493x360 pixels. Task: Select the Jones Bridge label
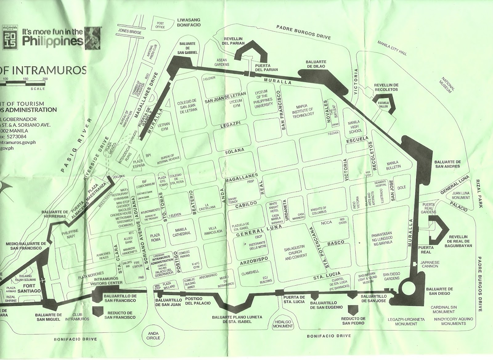pos(130,32)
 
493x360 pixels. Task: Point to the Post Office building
pos(161,25)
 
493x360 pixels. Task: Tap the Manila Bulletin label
pos(393,165)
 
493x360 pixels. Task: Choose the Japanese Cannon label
pos(430,265)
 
